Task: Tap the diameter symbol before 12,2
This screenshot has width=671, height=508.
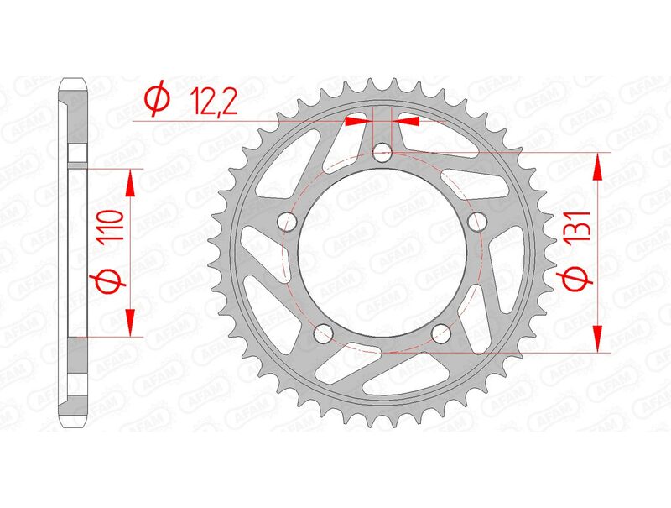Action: pyautogui.click(x=157, y=100)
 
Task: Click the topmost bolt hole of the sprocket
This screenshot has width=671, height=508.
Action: pyautogui.click(x=382, y=153)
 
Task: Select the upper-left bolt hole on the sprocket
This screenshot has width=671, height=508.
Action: pyautogui.click(x=291, y=222)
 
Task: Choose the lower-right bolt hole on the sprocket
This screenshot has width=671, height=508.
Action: pyautogui.click(x=442, y=333)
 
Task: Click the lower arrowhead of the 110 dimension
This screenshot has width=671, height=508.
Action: pyautogui.click(x=132, y=322)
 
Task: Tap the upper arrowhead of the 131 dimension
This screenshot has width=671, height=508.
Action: pyautogui.click(x=597, y=167)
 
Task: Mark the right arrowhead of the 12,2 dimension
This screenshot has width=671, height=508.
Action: pyautogui.click(x=408, y=121)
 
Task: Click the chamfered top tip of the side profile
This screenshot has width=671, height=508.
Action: pyautogui.click(x=75, y=84)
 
